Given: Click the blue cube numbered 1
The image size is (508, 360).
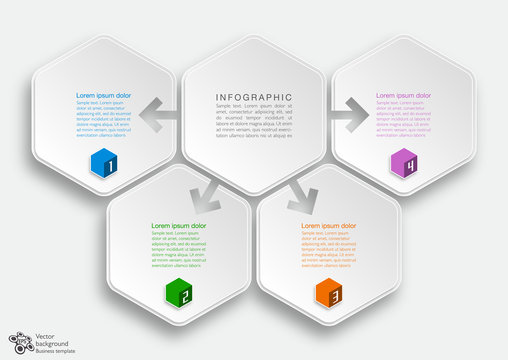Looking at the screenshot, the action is (103, 163).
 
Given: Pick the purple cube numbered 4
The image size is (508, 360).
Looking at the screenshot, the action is (403, 163).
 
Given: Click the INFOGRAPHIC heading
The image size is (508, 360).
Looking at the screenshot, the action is (254, 97).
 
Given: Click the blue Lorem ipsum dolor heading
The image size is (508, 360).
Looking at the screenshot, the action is (104, 95).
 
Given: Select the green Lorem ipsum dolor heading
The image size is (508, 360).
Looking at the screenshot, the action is (179, 226).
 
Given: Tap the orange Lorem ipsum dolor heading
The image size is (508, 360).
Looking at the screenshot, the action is (329, 226).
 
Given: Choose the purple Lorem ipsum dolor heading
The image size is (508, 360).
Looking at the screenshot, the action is (404, 95).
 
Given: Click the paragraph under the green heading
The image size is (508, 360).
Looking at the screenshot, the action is (179, 250).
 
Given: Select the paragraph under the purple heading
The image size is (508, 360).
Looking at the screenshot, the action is (404, 119).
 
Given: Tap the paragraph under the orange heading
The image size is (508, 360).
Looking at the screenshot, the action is (329, 250).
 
